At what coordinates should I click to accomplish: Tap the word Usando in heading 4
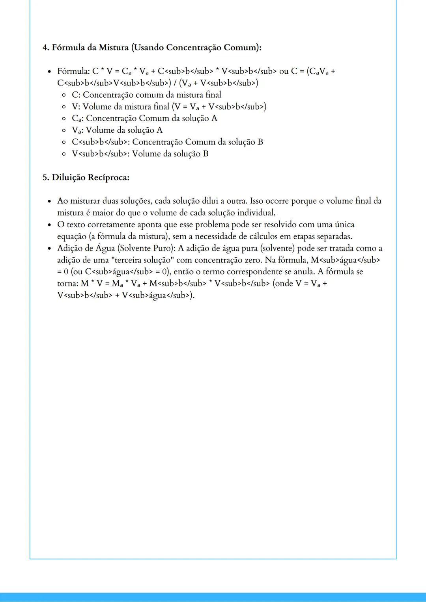[x=149, y=48]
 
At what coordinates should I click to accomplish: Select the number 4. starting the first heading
[x=46, y=48]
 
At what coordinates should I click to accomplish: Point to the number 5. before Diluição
[x=46, y=178]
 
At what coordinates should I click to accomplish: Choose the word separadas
[x=334, y=236]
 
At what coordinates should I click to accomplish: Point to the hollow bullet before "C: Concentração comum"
[x=64, y=95]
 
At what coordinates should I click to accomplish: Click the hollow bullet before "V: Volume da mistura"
[x=64, y=107]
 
